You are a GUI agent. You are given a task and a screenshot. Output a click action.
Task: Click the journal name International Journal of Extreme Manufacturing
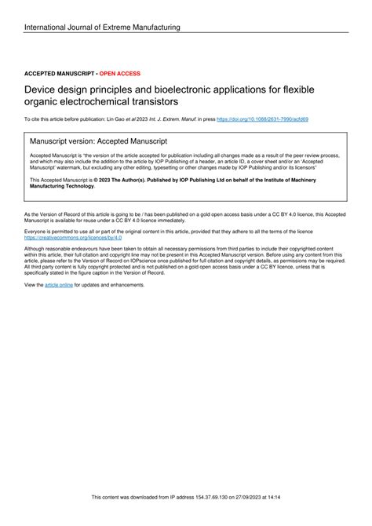coord(102,27)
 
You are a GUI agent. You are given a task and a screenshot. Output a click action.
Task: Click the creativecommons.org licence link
coord(67,237)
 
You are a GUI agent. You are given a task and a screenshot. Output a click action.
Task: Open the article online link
coord(59,284)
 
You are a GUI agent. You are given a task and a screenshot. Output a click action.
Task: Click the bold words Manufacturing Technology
coord(63,185)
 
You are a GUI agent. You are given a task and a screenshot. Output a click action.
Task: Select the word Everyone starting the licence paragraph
coord(37,232)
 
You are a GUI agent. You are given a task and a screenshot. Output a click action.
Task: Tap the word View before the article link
coord(32,284)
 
